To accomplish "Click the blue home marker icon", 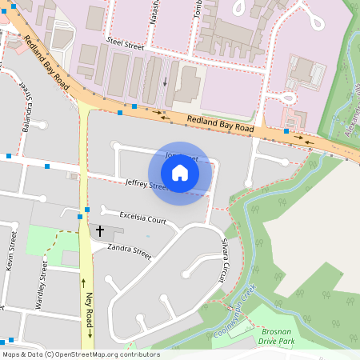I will (x=180, y=172).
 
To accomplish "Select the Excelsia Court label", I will (x=142, y=218).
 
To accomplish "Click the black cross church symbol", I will (x=100, y=230).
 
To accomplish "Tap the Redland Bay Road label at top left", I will (x=46, y=62).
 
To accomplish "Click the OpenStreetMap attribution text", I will (x=81, y=354).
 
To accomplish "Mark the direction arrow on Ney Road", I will (x=82, y=282).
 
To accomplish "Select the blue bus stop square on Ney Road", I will (x=80, y=216).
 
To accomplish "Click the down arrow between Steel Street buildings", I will (x=165, y=81).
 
